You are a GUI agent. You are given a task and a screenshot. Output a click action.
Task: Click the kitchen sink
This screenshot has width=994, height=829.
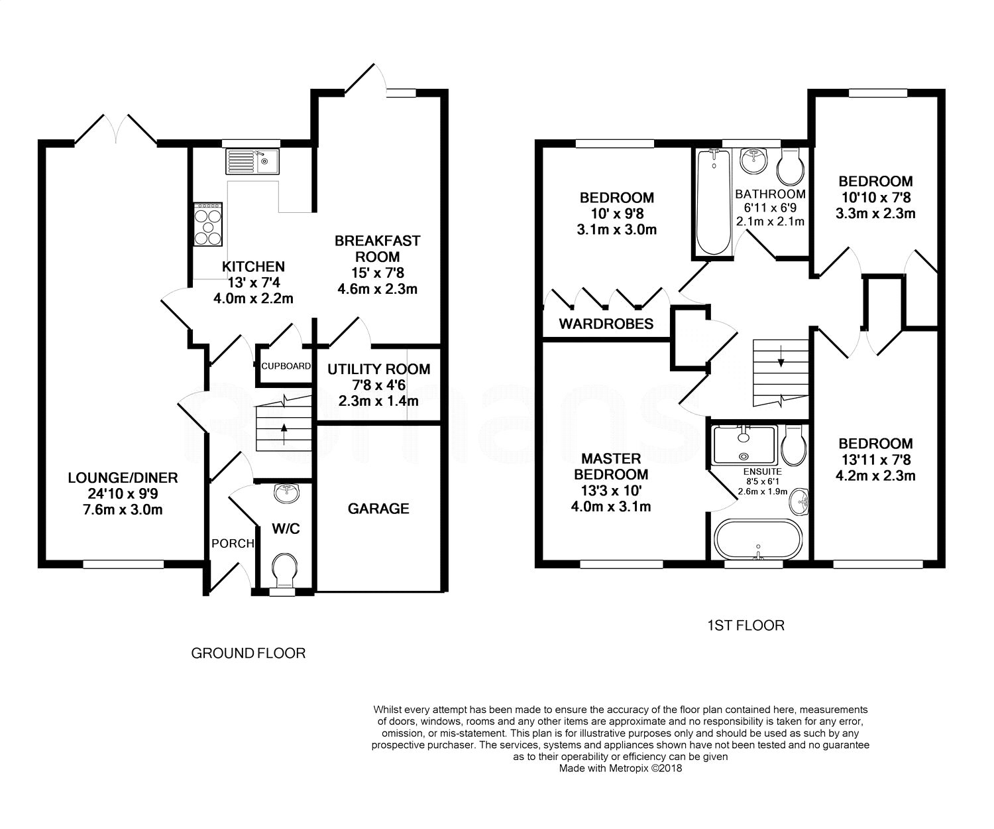click(x=252, y=162)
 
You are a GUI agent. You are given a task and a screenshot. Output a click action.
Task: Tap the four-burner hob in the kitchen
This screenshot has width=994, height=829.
click(x=208, y=224)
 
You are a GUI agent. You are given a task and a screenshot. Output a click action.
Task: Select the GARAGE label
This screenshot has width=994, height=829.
click(x=378, y=509)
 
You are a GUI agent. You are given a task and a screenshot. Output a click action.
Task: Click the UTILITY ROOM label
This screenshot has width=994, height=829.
click(x=379, y=369)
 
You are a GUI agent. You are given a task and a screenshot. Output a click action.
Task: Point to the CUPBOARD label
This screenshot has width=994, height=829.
click(x=286, y=366)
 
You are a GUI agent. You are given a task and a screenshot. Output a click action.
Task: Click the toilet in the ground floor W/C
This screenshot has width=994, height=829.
click(x=284, y=571)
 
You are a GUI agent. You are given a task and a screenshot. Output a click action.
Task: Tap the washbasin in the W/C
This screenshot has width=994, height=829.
click(x=286, y=493)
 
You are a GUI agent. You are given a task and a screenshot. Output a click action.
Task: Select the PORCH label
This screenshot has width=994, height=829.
click(x=233, y=543)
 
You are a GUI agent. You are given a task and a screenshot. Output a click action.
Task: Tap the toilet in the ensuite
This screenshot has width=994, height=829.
click(x=794, y=445)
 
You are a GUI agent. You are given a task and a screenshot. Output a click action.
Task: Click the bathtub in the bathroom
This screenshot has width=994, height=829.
click(x=713, y=202)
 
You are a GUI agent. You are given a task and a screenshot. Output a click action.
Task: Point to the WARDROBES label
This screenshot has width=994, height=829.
click(x=606, y=324)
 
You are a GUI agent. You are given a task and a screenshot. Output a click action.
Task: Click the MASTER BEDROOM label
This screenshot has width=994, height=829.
click(x=611, y=466)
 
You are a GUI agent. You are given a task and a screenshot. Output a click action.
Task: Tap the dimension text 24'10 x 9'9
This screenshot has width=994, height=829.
click(x=123, y=493)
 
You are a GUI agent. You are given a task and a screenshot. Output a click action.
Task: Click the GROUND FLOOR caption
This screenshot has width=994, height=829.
click(x=248, y=653)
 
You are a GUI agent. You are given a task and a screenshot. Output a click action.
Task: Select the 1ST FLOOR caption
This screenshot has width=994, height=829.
click(x=745, y=625)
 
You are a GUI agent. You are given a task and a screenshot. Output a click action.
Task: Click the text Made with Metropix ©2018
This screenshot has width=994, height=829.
click(x=621, y=768)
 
